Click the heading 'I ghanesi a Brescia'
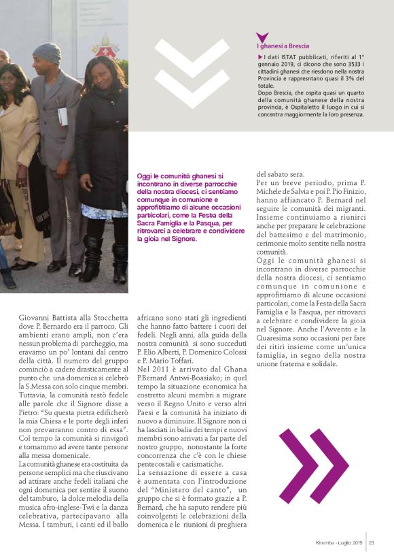pyautogui.click(x=282, y=46)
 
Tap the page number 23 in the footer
pyautogui.click(x=372, y=542)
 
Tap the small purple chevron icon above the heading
pyautogui.click(x=262, y=37)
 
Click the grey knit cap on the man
pyautogui.click(x=47, y=52)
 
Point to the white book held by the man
pyautogui.click(x=62, y=116)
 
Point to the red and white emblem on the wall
pyautogui.click(x=105, y=48)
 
